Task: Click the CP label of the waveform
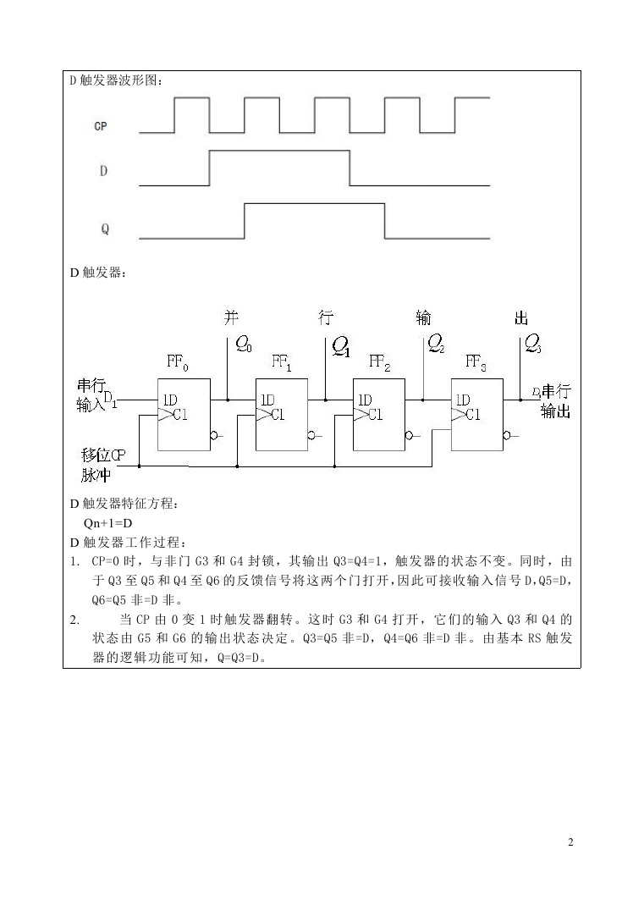(101, 125)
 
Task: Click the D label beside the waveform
(103, 171)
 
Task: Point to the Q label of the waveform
(105, 229)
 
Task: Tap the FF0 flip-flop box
(184, 415)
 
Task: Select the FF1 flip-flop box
(282, 415)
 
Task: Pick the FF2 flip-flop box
(379, 415)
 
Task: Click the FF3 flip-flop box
(477, 415)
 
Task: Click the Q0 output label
(244, 345)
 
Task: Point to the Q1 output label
(341, 346)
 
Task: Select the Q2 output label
(437, 345)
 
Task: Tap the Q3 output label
(533, 345)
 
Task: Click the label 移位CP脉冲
(102, 465)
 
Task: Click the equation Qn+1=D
(108, 523)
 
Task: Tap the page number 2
(570, 842)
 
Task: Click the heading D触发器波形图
(116, 80)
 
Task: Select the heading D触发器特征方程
(124, 504)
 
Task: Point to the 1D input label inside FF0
(170, 400)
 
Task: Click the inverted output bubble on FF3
(507, 436)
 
